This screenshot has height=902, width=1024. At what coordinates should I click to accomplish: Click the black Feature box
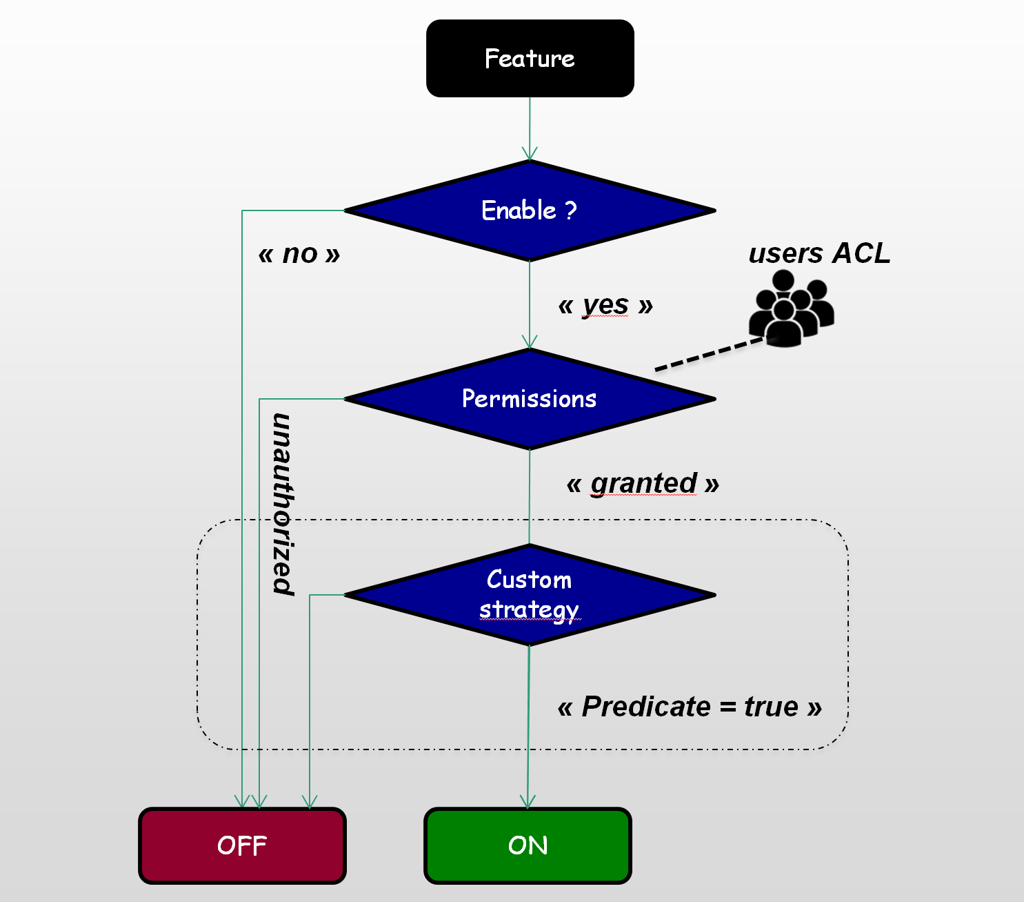click(x=530, y=59)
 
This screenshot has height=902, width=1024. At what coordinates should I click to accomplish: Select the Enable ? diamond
click(x=530, y=210)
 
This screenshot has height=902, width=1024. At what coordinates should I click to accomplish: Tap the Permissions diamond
click(x=530, y=399)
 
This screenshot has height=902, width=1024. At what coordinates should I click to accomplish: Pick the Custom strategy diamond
click(x=530, y=595)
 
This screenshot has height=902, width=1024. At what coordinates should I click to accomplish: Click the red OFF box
click(x=242, y=845)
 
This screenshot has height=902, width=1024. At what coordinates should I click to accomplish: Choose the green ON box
click(x=528, y=845)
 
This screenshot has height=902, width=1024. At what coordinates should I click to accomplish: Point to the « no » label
click(x=299, y=254)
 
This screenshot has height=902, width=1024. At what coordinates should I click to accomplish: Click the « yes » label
click(x=605, y=304)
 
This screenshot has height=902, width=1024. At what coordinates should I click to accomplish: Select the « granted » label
click(x=643, y=483)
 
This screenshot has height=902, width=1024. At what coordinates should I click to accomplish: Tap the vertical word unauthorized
click(x=283, y=504)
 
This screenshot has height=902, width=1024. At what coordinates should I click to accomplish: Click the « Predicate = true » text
click(x=690, y=707)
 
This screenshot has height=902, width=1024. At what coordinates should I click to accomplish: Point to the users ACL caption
click(x=819, y=253)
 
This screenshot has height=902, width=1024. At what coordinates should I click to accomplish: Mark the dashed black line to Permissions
click(x=710, y=355)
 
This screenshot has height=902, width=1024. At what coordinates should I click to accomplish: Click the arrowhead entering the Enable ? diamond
click(x=530, y=154)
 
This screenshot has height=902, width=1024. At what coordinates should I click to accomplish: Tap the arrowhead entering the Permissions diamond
click(x=530, y=342)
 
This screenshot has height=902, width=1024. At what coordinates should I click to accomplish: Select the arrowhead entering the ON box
click(x=528, y=801)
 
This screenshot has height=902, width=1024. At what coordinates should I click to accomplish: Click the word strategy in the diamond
click(x=529, y=610)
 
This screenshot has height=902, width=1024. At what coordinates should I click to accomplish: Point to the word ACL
click(x=861, y=253)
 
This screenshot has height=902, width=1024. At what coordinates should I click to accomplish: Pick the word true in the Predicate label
click(x=771, y=707)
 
